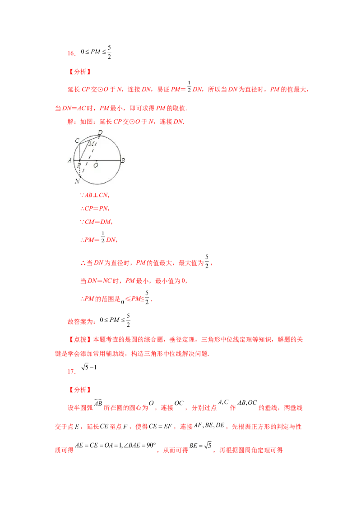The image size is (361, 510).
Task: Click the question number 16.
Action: click(x=71, y=53)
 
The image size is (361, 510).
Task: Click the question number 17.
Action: click(x=71, y=371)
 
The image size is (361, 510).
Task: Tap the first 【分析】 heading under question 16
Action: click(x=80, y=72)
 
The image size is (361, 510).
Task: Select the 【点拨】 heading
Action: click(x=80, y=340)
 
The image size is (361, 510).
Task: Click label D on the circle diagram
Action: click(x=100, y=132)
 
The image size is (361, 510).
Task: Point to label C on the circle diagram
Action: click(x=77, y=141)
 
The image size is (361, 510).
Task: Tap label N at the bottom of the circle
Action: click(x=77, y=181)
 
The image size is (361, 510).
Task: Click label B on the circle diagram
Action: click(x=123, y=160)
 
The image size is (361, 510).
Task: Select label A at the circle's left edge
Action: click(x=69, y=160)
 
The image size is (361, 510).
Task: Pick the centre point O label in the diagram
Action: click(x=96, y=165)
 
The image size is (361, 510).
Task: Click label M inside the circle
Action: click(x=92, y=143)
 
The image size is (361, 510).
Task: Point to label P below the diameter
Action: click(x=79, y=165)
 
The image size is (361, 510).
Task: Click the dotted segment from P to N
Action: click(x=79, y=169)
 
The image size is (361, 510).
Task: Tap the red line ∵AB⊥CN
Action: click(x=94, y=195)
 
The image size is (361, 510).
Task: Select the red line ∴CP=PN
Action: click(x=94, y=209)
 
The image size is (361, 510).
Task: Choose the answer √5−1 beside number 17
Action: click(x=89, y=367)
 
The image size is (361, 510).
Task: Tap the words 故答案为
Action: click(x=82, y=321)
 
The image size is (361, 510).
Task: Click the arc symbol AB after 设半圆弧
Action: click(x=98, y=402)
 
